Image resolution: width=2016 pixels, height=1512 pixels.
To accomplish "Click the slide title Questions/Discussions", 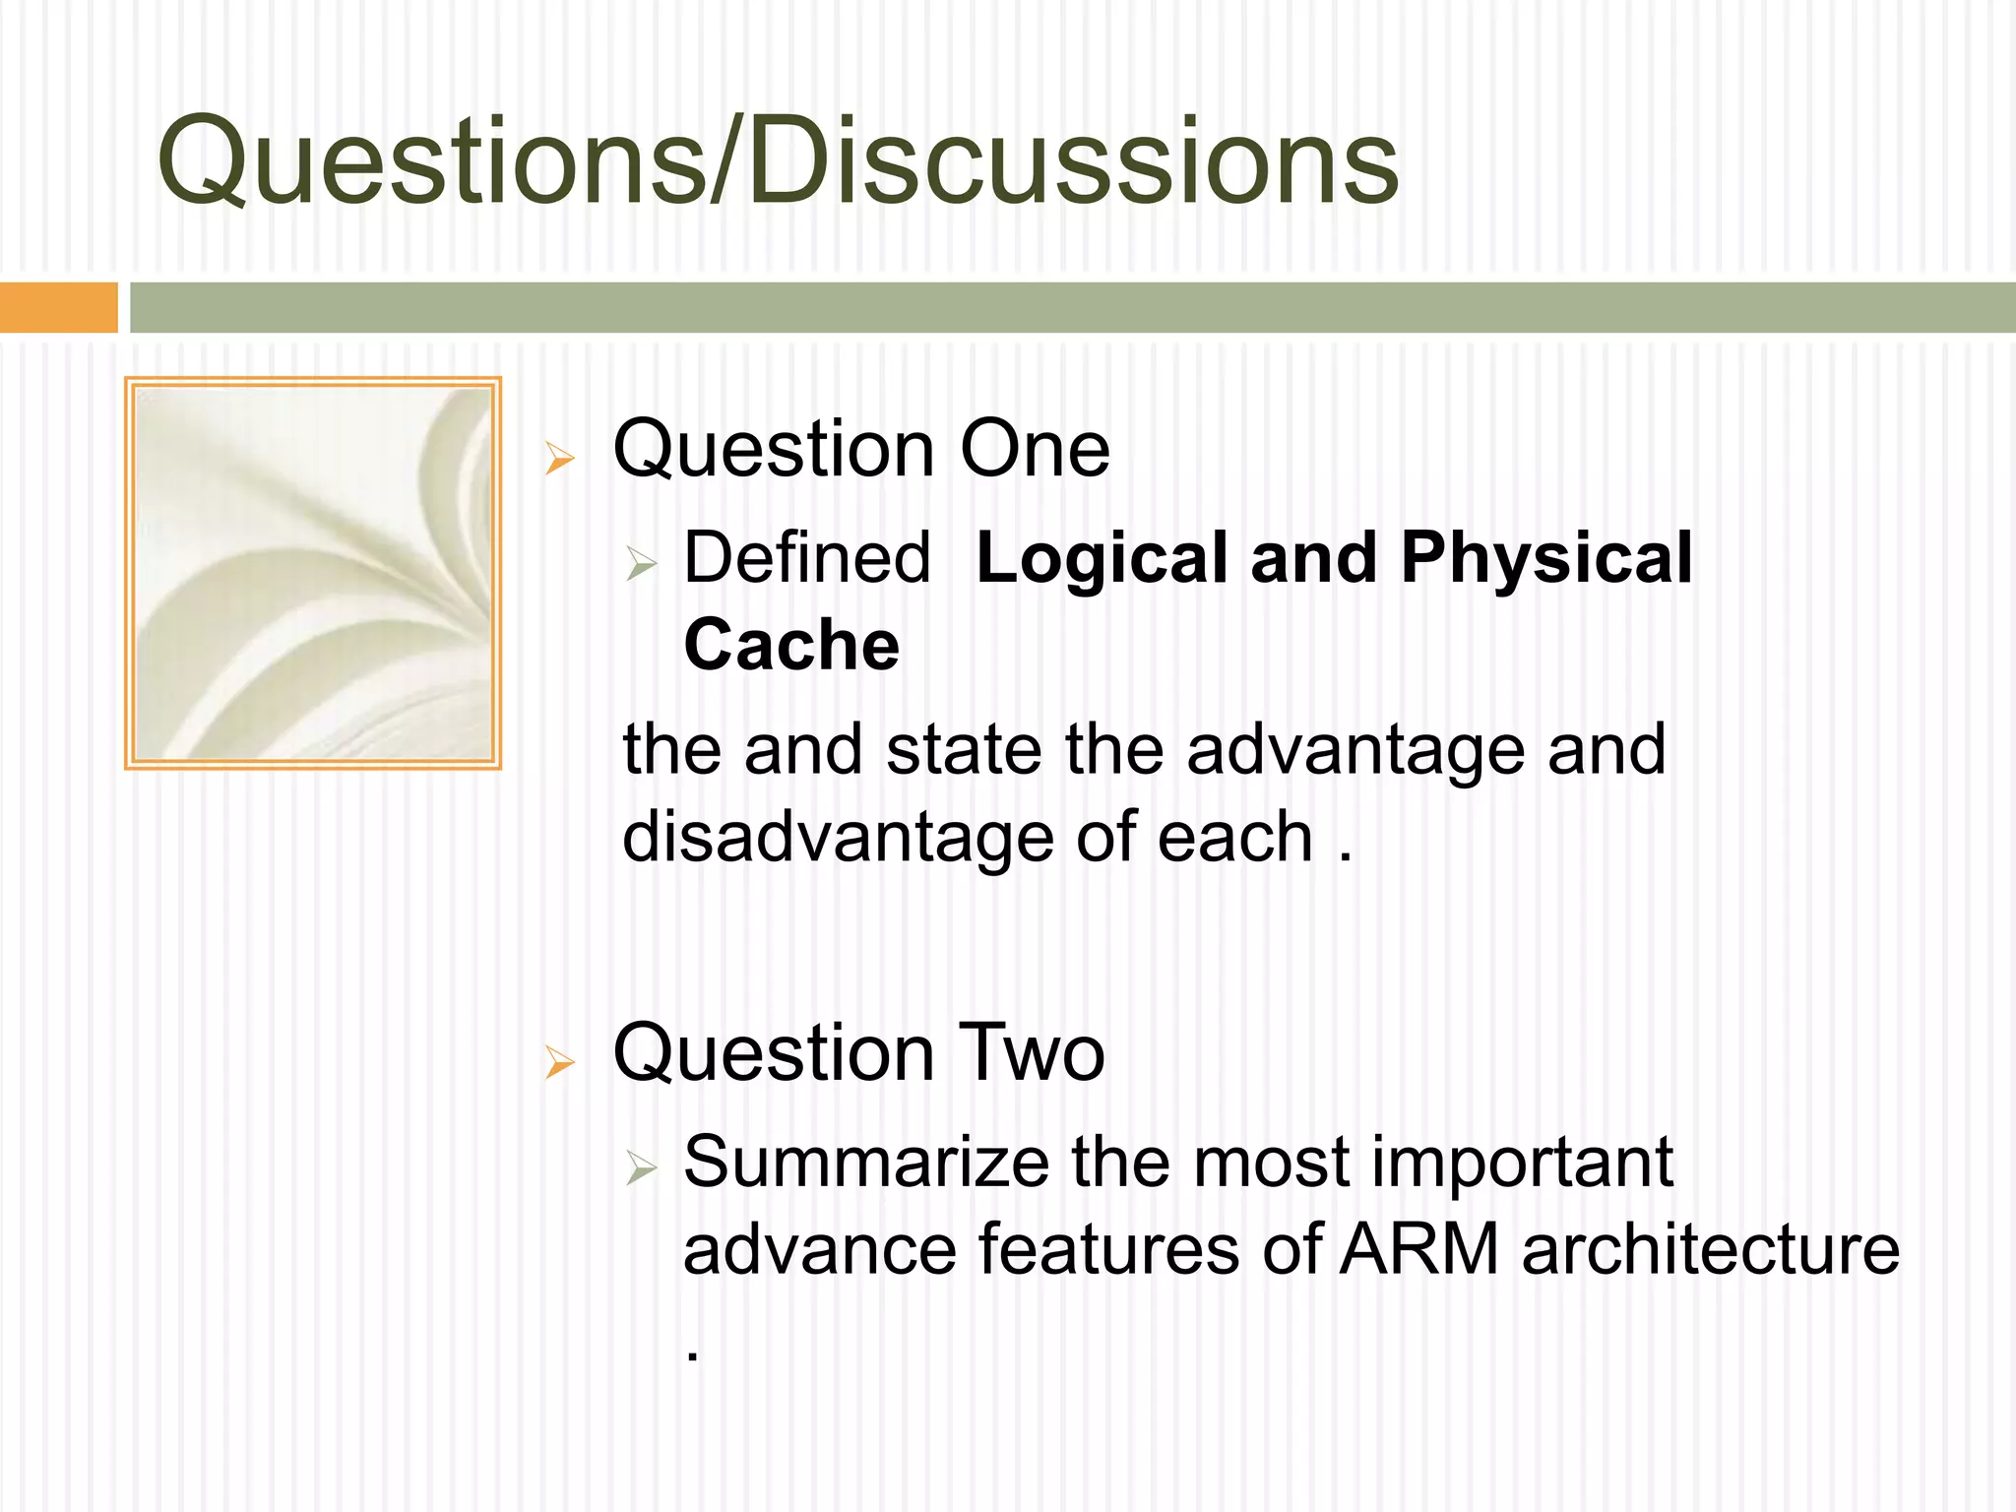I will click(x=778, y=162).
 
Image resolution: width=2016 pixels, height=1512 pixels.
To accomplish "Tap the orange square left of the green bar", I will click(x=58, y=307).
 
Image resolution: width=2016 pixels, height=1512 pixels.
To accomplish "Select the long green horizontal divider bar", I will click(x=1073, y=307).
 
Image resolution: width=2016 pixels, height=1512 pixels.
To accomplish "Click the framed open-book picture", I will click(x=313, y=573).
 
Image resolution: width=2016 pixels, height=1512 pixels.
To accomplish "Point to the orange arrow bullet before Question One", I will click(x=560, y=459).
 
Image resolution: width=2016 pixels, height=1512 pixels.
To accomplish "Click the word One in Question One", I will click(x=1035, y=450).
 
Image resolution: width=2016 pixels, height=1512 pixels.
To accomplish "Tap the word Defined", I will click(x=806, y=558).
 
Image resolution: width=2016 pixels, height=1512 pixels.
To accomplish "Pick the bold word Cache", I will click(x=791, y=646).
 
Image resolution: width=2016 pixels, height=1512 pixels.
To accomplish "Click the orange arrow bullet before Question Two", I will click(x=560, y=1063).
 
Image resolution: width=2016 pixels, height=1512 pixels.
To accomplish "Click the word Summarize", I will click(x=866, y=1163).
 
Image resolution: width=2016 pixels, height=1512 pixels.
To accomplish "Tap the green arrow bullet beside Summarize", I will click(x=641, y=1169).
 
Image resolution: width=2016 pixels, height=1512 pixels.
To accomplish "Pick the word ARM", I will click(x=1419, y=1250).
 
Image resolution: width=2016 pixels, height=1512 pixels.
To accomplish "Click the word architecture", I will click(x=1710, y=1250).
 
